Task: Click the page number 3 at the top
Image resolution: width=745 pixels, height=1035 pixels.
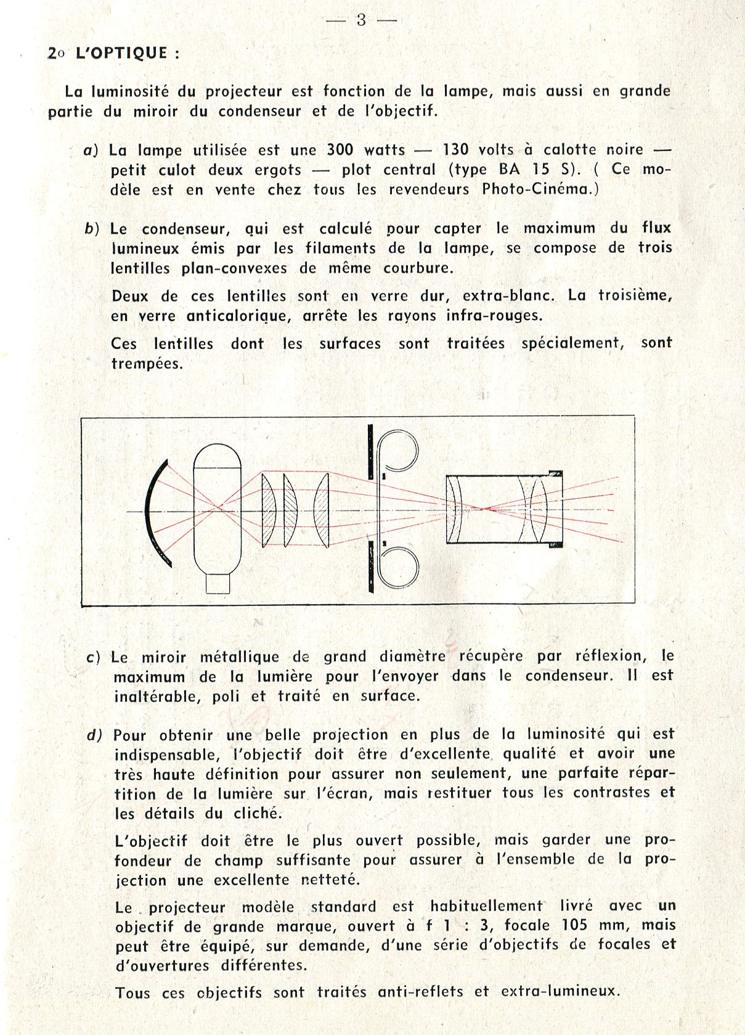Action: click(361, 20)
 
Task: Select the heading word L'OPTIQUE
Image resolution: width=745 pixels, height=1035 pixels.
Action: click(121, 53)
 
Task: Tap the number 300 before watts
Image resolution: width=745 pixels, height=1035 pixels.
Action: click(340, 150)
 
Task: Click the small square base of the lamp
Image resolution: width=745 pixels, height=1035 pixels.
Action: click(218, 583)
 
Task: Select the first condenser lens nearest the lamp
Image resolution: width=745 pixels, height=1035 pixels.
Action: click(268, 509)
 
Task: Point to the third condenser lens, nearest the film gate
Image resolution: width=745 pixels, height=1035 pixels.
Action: click(322, 509)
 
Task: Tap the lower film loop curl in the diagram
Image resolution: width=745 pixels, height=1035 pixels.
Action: click(399, 567)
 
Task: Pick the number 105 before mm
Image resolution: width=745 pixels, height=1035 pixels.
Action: click(576, 925)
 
